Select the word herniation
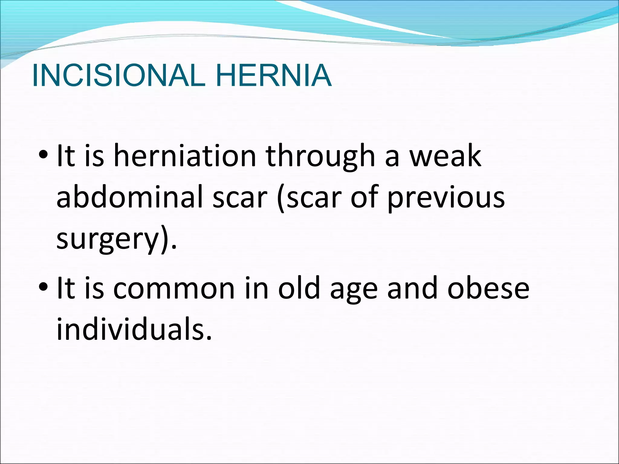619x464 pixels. pyautogui.click(x=185, y=156)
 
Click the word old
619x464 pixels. pyautogui.click(x=299, y=288)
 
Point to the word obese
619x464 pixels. pyautogui.click(x=488, y=288)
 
